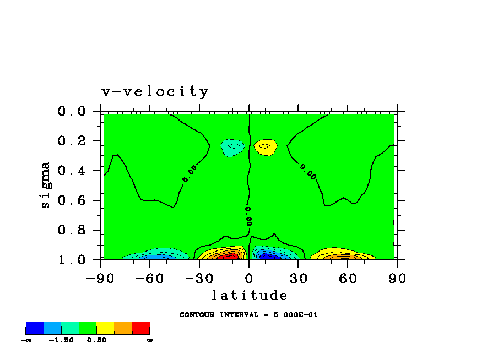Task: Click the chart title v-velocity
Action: [155, 91]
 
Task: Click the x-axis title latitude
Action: [249, 296]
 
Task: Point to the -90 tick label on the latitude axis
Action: [100, 277]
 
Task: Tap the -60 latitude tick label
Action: [150, 277]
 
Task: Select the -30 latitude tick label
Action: [199, 277]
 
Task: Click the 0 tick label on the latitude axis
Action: [249, 277]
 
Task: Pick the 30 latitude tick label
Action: [299, 277]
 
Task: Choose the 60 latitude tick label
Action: [348, 277]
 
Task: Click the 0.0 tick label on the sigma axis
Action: [72, 112]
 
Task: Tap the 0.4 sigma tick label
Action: [72, 171]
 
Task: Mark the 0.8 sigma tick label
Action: [72, 230]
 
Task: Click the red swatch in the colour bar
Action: [141, 328]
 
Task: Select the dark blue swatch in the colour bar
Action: [35, 328]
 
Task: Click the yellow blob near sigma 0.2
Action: [266, 147]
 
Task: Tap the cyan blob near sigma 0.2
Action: [234, 148]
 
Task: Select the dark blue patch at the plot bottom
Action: [268, 256]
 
